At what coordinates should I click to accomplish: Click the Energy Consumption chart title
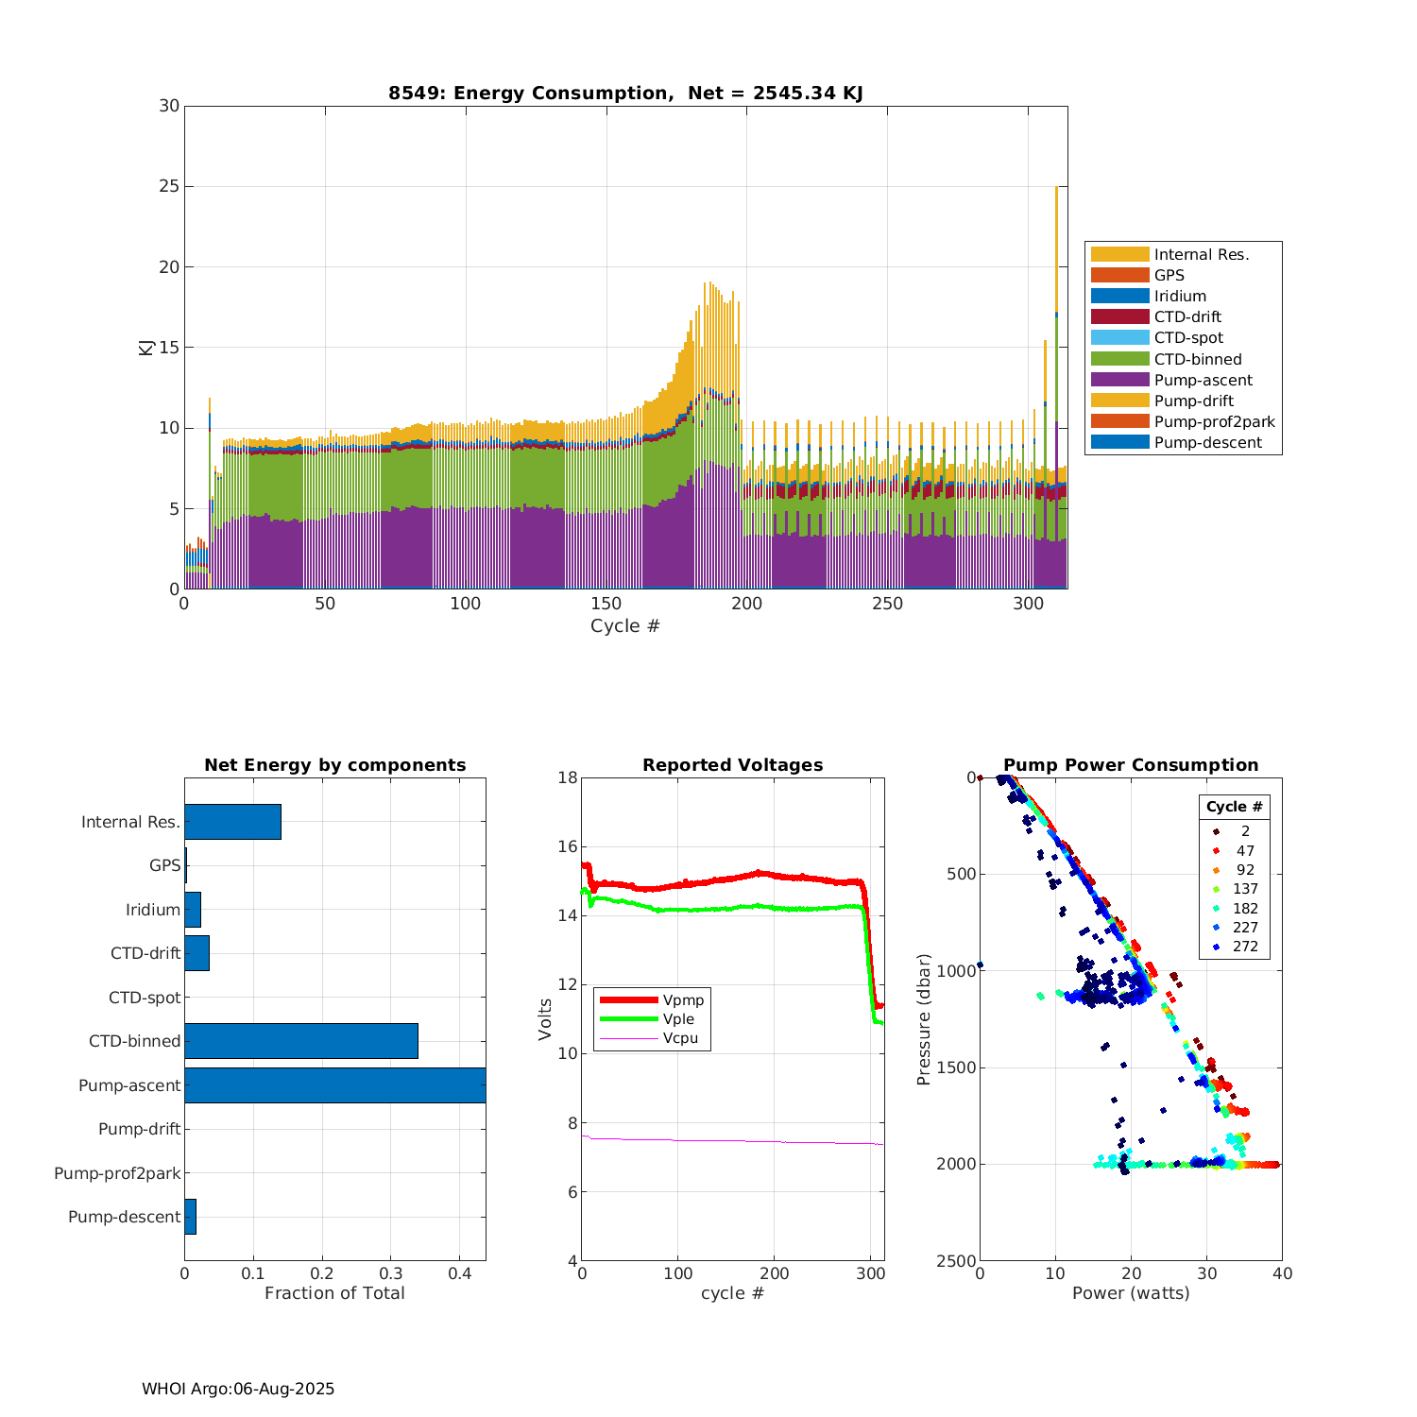[x=625, y=93]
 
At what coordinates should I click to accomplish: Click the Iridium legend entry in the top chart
[x=1179, y=297]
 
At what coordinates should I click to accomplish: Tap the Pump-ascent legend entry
[x=1203, y=380]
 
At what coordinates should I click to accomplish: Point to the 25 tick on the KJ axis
[x=169, y=187]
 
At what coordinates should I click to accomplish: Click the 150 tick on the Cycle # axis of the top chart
[x=606, y=604]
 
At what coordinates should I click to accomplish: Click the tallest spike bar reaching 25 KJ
[x=1056, y=378]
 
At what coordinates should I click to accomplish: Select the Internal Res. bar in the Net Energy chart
[x=232, y=822]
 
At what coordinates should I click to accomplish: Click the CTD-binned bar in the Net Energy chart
[x=300, y=1041]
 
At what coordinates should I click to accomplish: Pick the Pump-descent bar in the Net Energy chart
[x=190, y=1217]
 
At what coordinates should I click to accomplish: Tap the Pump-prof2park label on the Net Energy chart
[x=117, y=1173]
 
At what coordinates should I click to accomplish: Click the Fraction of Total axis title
[x=334, y=1293]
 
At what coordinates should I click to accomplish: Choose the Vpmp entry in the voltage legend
[x=683, y=999]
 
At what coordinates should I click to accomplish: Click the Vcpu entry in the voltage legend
[x=680, y=1038]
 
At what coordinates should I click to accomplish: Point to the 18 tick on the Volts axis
[x=568, y=777]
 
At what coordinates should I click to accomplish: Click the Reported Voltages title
[x=732, y=765]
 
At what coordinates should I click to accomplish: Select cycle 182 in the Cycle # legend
[x=1245, y=909]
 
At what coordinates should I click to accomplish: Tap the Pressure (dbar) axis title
[x=924, y=1019]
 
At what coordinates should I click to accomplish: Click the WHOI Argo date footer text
[x=238, y=1389]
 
